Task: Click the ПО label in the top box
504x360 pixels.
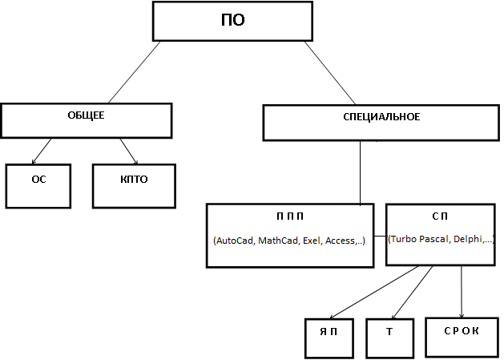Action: [x=233, y=20]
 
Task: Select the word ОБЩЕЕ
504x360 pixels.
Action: [x=86, y=115]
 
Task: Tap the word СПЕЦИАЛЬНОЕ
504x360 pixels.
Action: [x=381, y=116]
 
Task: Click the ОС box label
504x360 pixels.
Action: [x=39, y=179]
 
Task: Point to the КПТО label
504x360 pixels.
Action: [x=134, y=179]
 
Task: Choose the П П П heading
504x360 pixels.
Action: [x=290, y=216]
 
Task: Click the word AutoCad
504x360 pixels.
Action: [x=234, y=241]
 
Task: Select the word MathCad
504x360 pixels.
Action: [x=279, y=241]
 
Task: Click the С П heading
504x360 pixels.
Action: [x=440, y=216]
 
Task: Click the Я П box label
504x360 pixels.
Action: [x=329, y=331]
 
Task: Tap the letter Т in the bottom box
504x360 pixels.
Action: [x=389, y=331]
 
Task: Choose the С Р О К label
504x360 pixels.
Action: [x=462, y=330]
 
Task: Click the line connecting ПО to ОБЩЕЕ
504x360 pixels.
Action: [x=135, y=72]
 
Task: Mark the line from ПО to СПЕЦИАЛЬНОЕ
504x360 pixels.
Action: [x=330, y=73]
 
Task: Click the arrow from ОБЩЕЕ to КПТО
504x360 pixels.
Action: [x=129, y=152]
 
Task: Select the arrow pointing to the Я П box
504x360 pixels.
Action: [x=374, y=293]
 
